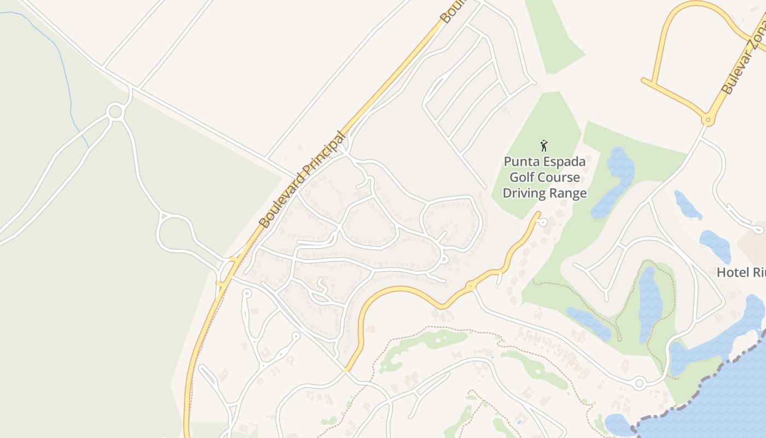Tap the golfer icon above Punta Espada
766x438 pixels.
click(x=544, y=146)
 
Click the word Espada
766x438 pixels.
click(x=562, y=162)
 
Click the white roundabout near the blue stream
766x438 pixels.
click(x=115, y=112)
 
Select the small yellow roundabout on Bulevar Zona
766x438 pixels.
click(x=707, y=119)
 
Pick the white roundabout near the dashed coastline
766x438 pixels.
click(x=639, y=383)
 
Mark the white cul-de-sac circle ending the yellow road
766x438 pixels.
click(x=542, y=222)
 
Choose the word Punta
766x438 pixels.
click(x=521, y=162)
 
